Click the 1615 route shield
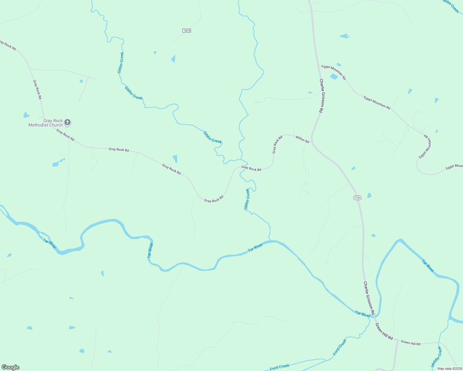[187, 31]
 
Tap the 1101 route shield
[357, 198]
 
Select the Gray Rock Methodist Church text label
[45, 123]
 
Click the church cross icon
[67, 123]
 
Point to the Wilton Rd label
[302, 139]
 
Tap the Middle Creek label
[437, 356]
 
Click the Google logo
[10, 367]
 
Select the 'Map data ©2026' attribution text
[449, 369]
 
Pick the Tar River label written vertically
[150, 250]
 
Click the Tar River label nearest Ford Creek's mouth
[363, 314]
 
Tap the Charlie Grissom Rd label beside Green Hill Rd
[369, 297]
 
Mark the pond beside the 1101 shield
[369, 195]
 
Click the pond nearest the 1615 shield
[173, 58]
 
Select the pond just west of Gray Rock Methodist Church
[26, 115]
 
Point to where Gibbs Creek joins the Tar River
[270, 241]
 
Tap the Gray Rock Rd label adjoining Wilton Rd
[277, 145]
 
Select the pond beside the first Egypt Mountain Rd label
[334, 76]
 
